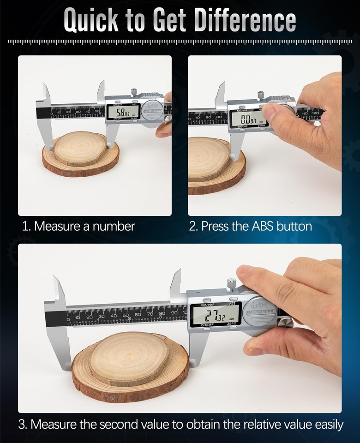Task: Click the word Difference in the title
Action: pos(245,20)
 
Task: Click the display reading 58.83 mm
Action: pos(123,112)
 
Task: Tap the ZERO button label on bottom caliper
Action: pos(232,324)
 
